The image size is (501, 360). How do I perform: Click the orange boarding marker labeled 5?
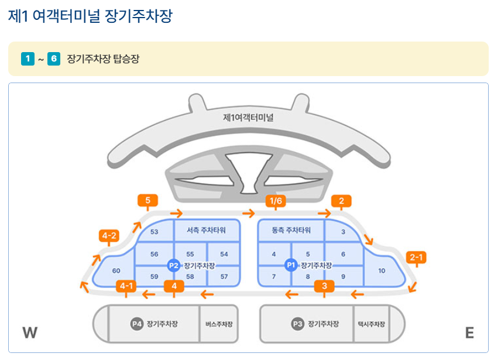(x=147, y=201)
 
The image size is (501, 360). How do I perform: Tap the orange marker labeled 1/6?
(x=275, y=201)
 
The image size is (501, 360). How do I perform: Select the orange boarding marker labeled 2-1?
(x=416, y=257)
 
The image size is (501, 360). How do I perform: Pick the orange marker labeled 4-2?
(x=109, y=236)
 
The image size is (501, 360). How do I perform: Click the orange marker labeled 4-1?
(x=126, y=286)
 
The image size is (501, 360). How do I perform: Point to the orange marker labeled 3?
(x=324, y=286)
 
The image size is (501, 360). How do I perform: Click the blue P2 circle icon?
(x=174, y=265)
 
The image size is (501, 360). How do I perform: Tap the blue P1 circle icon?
(x=291, y=265)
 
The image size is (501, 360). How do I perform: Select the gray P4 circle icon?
(x=137, y=324)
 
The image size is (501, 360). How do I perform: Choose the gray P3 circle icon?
(x=297, y=324)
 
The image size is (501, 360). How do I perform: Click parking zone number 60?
(x=116, y=270)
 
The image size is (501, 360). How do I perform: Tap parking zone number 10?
(x=382, y=270)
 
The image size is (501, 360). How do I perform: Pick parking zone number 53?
(x=155, y=232)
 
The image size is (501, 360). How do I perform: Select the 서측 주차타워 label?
(x=206, y=230)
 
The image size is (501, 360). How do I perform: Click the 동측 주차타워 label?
(x=291, y=230)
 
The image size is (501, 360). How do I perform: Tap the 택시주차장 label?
(x=371, y=324)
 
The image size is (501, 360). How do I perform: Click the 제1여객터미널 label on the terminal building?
(x=248, y=117)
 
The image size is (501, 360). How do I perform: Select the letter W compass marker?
(x=30, y=333)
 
